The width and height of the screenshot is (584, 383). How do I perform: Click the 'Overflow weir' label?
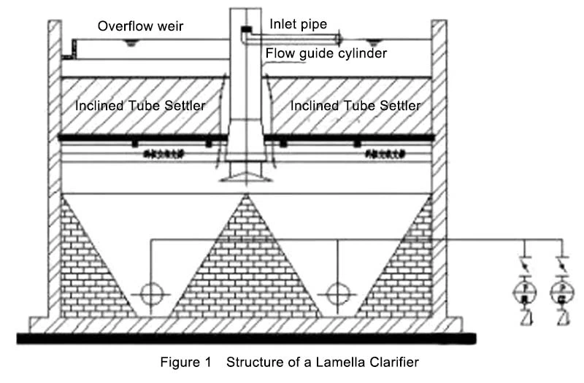[141, 27]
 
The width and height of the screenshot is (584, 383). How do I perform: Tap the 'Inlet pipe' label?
[298, 25]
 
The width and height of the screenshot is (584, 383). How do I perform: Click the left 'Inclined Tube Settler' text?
[140, 106]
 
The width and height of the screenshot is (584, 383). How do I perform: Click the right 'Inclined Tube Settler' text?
[356, 106]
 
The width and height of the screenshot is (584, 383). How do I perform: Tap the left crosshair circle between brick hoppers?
[151, 293]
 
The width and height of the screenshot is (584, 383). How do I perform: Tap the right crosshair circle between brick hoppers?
[337, 293]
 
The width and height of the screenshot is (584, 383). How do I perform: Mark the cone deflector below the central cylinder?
[245, 175]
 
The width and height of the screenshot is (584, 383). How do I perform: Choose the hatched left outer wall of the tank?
[54, 168]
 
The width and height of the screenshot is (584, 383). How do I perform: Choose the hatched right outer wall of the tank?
[439, 168]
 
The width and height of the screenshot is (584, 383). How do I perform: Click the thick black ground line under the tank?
[246, 338]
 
